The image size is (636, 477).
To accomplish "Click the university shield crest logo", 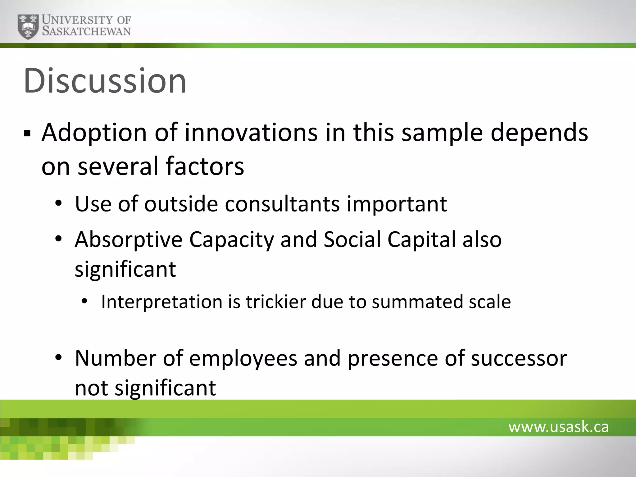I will click(x=28, y=26).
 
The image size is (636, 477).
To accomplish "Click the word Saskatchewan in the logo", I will click(x=86, y=31).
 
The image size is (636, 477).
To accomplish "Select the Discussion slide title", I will click(x=105, y=81).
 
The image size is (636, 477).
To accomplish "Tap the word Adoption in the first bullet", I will click(x=94, y=133).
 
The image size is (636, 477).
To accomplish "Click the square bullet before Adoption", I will click(x=27, y=134).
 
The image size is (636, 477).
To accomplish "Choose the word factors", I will click(x=205, y=166).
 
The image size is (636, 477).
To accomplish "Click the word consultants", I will click(x=282, y=204).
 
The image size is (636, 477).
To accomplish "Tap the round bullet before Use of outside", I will click(x=58, y=204).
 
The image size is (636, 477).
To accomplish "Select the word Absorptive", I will click(x=128, y=239).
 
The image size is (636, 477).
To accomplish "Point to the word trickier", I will click(x=276, y=302).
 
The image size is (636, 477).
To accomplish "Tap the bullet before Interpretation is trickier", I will click(x=84, y=302).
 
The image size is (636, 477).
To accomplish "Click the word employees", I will click(x=243, y=358).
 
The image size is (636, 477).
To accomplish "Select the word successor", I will click(x=519, y=358).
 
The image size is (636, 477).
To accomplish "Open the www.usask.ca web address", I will click(x=558, y=427).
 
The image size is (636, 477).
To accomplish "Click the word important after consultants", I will click(x=397, y=204).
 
